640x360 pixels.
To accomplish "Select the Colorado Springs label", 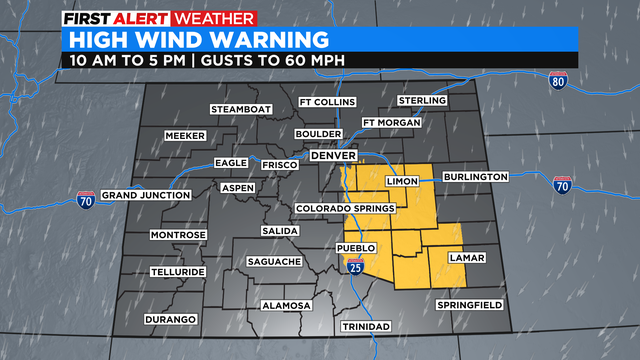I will point(344,208).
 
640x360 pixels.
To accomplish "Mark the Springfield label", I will point(469,304).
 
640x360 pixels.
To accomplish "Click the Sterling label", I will point(422,101).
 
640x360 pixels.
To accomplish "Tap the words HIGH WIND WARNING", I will point(194,40).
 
